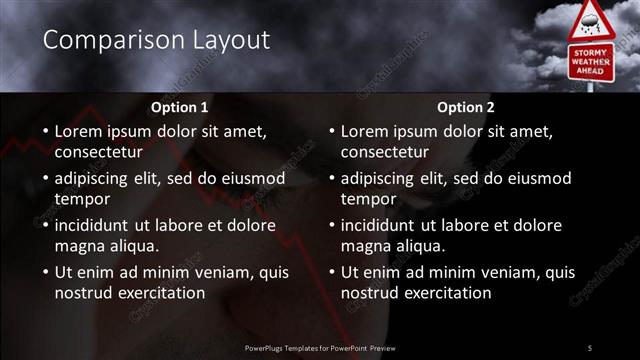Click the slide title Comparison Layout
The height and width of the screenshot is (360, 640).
pos(157,40)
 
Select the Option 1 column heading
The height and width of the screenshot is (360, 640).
pos(180,106)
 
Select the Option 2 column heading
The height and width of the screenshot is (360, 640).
pos(466,106)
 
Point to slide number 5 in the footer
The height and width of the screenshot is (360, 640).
pos(589,347)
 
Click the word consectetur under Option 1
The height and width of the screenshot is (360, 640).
pos(98,152)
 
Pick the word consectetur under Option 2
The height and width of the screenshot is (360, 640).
pos(384,152)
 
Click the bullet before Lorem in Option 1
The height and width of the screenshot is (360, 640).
pos(45,131)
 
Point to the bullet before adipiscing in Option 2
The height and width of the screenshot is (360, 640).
pos(331,178)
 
